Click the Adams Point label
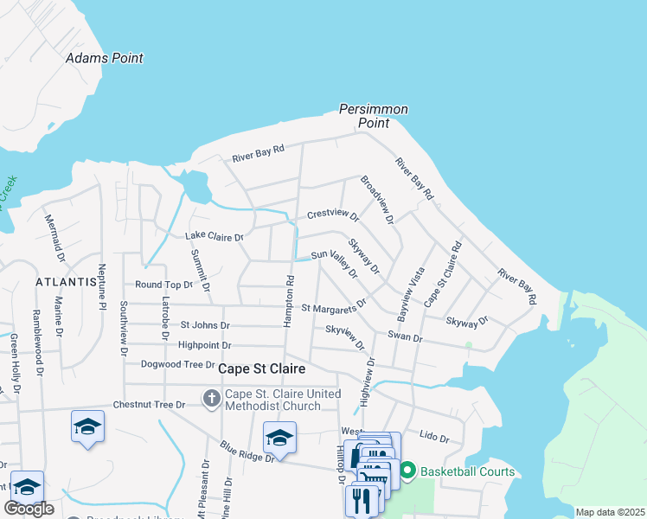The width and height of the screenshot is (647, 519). (x=105, y=58)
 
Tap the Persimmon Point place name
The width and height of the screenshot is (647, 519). (x=373, y=116)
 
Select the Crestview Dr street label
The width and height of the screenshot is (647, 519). (x=333, y=214)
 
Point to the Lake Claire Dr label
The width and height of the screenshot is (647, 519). (x=215, y=236)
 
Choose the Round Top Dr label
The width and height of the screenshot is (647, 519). (x=163, y=285)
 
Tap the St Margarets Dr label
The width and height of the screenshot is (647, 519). (x=333, y=306)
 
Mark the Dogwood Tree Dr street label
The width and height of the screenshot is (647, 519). (x=177, y=365)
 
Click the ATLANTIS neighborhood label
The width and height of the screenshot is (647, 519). (x=65, y=282)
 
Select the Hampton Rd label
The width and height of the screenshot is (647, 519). (x=289, y=301)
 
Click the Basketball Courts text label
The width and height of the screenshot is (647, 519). (x=467, y=471)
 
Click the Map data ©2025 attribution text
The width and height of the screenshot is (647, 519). (x=609, y=512)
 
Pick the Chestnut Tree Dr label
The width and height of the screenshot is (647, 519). (x=150, y=405)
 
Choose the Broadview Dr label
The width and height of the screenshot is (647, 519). (x=376, y=201)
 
